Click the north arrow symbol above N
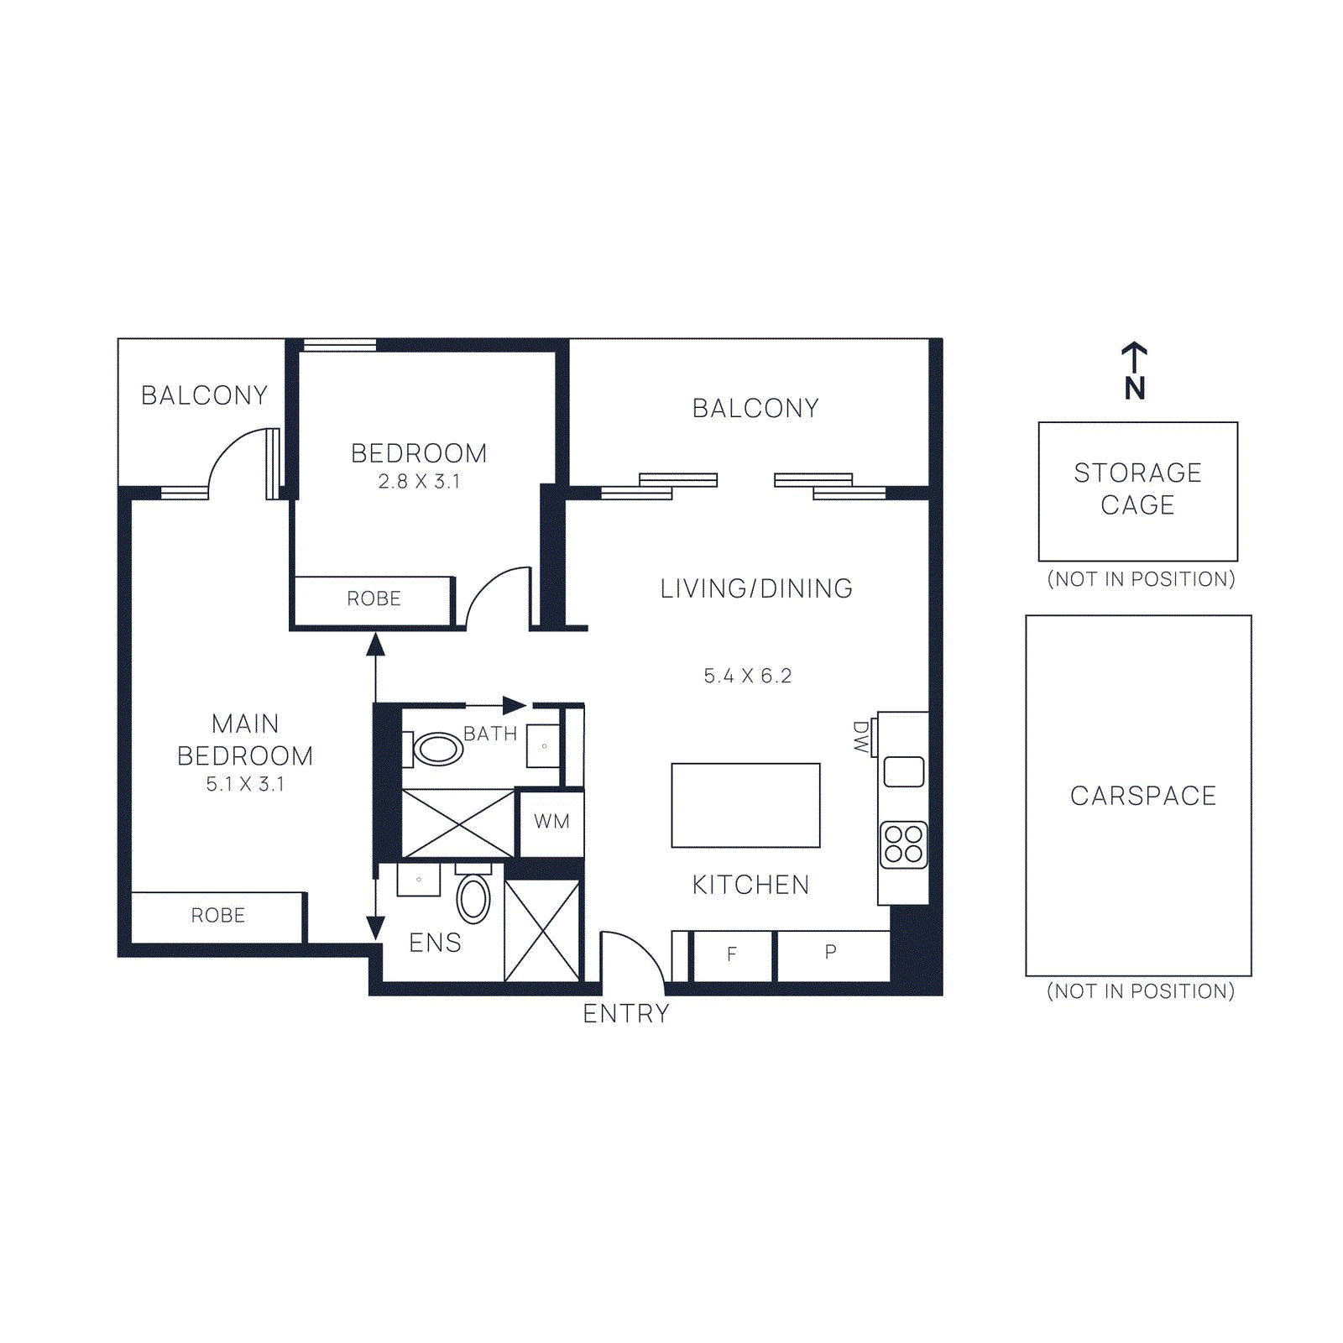tap(1134, 357)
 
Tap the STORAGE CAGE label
tap(1137, 489)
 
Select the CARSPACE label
tap(1142, 796)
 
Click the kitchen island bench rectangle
tap(745, 805)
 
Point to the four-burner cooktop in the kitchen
tap(903, 844)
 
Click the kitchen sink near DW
tap(904, 771)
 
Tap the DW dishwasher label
tap(860, 737)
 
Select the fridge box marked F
tap(732, 954)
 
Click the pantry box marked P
tap(831, 953)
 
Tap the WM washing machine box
tap(551, 822)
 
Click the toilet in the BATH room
tap(435, 749)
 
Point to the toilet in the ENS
tap(473, 898)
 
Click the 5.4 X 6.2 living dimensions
tap(747, 676)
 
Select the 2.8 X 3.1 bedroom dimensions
tap(419, 482)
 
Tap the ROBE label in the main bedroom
tap(217, 916)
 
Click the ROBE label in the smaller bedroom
tap(374, 599)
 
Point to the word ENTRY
tap(626, 1014)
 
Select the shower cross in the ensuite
tap(542, 930)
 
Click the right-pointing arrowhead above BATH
tap(514, 705)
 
